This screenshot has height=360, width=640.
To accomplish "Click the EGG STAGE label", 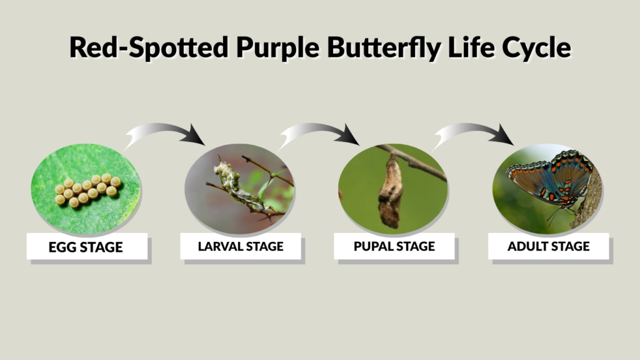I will click(86, 247).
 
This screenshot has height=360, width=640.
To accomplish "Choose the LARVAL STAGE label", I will click(241, 246).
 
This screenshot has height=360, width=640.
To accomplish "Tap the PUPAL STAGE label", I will click(394, 246).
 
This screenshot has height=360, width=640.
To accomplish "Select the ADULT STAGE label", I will click(548, 246).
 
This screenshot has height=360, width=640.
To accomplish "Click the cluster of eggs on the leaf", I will click(87, 190).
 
